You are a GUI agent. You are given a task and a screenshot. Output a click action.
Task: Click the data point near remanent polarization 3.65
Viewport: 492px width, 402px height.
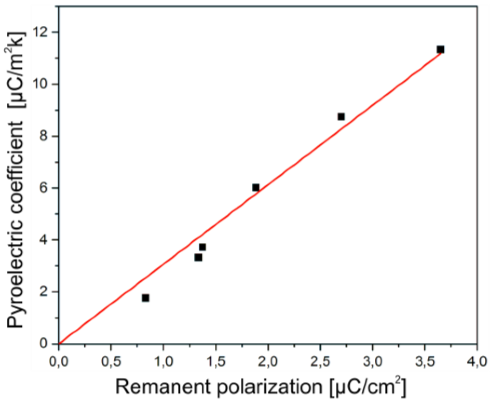click(x=441, y=49)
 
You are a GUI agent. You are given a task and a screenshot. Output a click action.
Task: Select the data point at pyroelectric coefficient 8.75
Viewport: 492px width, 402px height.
click(x=341, y=117)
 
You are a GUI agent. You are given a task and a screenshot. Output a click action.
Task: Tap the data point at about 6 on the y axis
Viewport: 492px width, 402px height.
click(x=256, y=187)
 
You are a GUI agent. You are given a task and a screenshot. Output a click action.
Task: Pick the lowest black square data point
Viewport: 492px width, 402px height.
click(x=145, y=298)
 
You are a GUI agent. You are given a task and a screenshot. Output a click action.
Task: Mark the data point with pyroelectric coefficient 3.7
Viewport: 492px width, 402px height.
click(x=203, y=247)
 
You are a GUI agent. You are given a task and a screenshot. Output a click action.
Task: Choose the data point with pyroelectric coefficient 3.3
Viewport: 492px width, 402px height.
click(x=198, y=257)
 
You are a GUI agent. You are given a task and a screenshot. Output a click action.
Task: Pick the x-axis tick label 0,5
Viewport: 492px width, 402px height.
click(x=111, y=362)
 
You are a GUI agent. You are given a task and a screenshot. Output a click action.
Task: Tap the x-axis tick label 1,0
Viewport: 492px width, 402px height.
click(x=163, y=362)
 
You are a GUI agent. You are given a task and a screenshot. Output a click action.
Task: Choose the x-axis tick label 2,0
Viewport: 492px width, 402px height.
click(x=268, y=362)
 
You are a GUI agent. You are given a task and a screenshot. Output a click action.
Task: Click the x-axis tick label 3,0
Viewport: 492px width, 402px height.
click(x=372, y=362)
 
